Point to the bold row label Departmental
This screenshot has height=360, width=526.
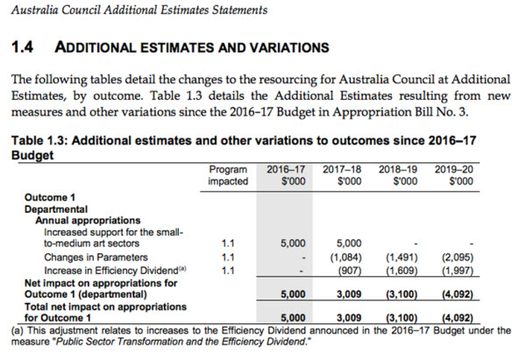pyautogui.click(x=55, y=210)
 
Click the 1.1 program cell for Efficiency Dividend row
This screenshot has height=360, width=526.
pyautogui.click(x=228, y=272)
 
